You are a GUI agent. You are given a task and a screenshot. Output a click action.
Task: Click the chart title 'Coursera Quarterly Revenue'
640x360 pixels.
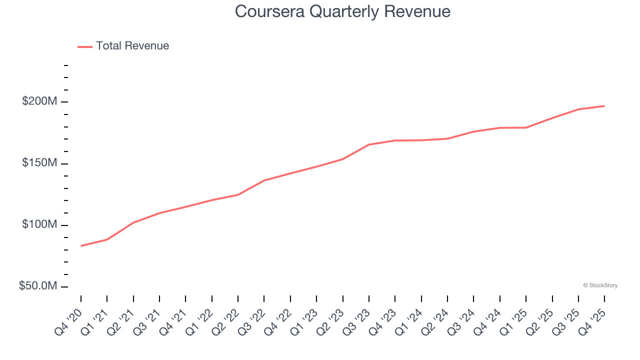tap(342, 11)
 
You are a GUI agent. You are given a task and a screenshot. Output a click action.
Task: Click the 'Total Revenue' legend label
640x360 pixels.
tap(132, 46)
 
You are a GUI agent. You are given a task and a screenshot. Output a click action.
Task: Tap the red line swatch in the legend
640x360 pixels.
tap(85, 46)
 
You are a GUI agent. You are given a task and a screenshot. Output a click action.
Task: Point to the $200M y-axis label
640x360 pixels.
tap(39, 101)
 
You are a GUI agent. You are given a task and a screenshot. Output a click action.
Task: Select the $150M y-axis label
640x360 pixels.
tap(39, 163)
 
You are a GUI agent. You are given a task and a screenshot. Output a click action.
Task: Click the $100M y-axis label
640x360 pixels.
tap(39, 225)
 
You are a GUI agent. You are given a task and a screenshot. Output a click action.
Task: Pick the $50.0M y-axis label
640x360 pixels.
tap(37, 286)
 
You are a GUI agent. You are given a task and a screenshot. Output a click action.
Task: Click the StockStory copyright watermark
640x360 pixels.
tap(600, 285)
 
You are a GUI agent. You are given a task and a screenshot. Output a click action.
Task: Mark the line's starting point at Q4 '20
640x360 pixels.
tap(81, 245)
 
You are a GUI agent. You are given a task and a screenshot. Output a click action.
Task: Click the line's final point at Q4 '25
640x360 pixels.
tap(604, 106)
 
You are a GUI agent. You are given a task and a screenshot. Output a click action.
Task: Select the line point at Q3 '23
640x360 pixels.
tap(369, 144)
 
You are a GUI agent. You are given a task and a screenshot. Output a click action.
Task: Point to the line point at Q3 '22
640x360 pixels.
tap(264, 180)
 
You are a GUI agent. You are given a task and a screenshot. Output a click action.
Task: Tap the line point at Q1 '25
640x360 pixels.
tap(526, 127)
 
